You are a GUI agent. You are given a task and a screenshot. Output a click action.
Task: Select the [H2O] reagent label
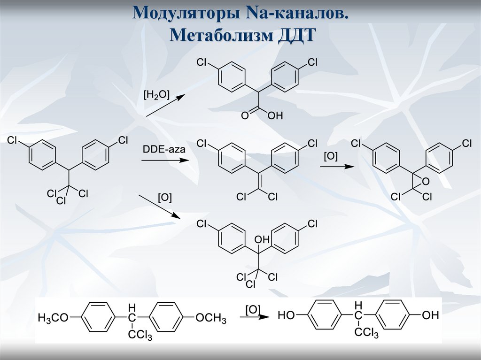click(x=155, y=95)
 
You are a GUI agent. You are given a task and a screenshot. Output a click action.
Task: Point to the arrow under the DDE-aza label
click(x=164, y=161)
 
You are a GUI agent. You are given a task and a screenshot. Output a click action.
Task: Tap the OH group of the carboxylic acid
click(x=275, y=115)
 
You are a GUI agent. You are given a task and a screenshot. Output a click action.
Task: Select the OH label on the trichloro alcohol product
click(x=262, y=239)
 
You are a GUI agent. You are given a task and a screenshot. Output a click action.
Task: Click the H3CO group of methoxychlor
click(x=53, y=318)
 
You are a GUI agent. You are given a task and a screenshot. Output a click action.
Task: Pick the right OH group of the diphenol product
click(x=430, y=315)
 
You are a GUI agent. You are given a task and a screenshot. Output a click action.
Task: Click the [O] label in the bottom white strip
click(x=253, y=308)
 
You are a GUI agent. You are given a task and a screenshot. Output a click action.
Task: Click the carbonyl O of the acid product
click(x=245, y=115)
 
